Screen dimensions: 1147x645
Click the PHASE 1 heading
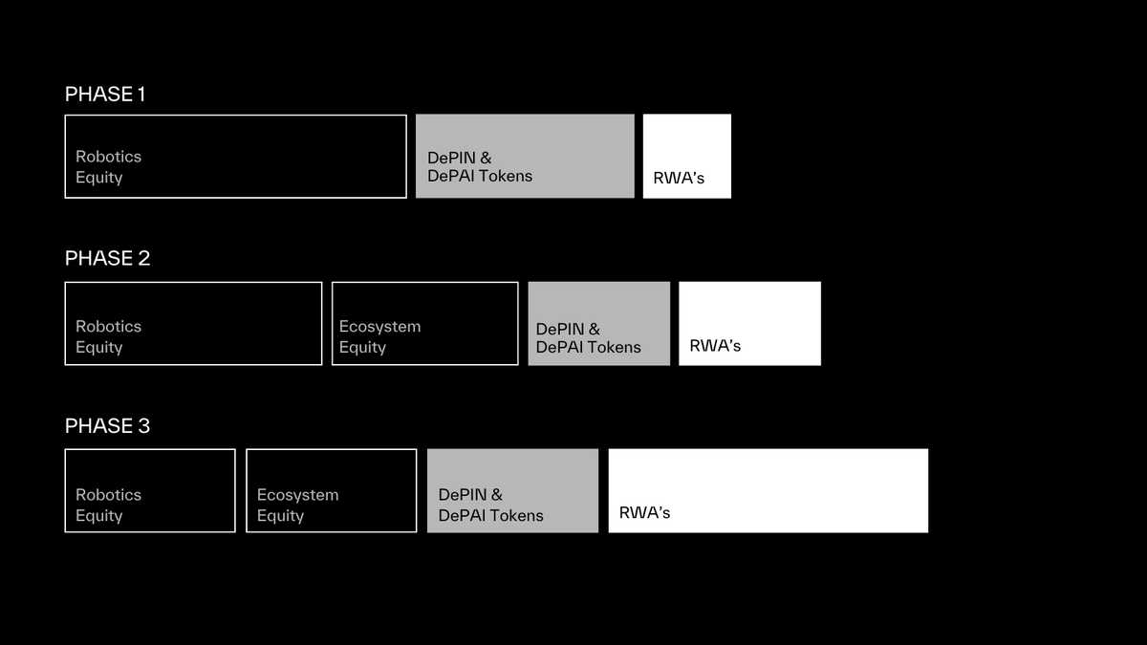point(105,95)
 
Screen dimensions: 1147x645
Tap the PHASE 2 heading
point(107,258)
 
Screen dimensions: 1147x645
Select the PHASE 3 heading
point(107,426)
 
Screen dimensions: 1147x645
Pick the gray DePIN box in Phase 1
point(525,156)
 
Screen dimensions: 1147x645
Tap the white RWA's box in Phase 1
point(687,156)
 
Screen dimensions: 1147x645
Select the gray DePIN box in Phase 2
point(599,324)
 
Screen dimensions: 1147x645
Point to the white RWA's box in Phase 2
point(749,324)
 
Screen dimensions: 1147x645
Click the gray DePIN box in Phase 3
point(512,491)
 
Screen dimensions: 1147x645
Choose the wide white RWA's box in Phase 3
point(768,491)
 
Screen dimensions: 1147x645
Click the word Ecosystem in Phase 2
point(380,327)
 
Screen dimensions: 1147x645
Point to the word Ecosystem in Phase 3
point(297,495)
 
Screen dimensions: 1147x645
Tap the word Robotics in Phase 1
point(109,157)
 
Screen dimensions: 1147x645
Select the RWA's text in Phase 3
point(644,512)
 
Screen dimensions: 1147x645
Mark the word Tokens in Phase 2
point(615,347)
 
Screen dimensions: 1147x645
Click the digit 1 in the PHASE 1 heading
point(141,95)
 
